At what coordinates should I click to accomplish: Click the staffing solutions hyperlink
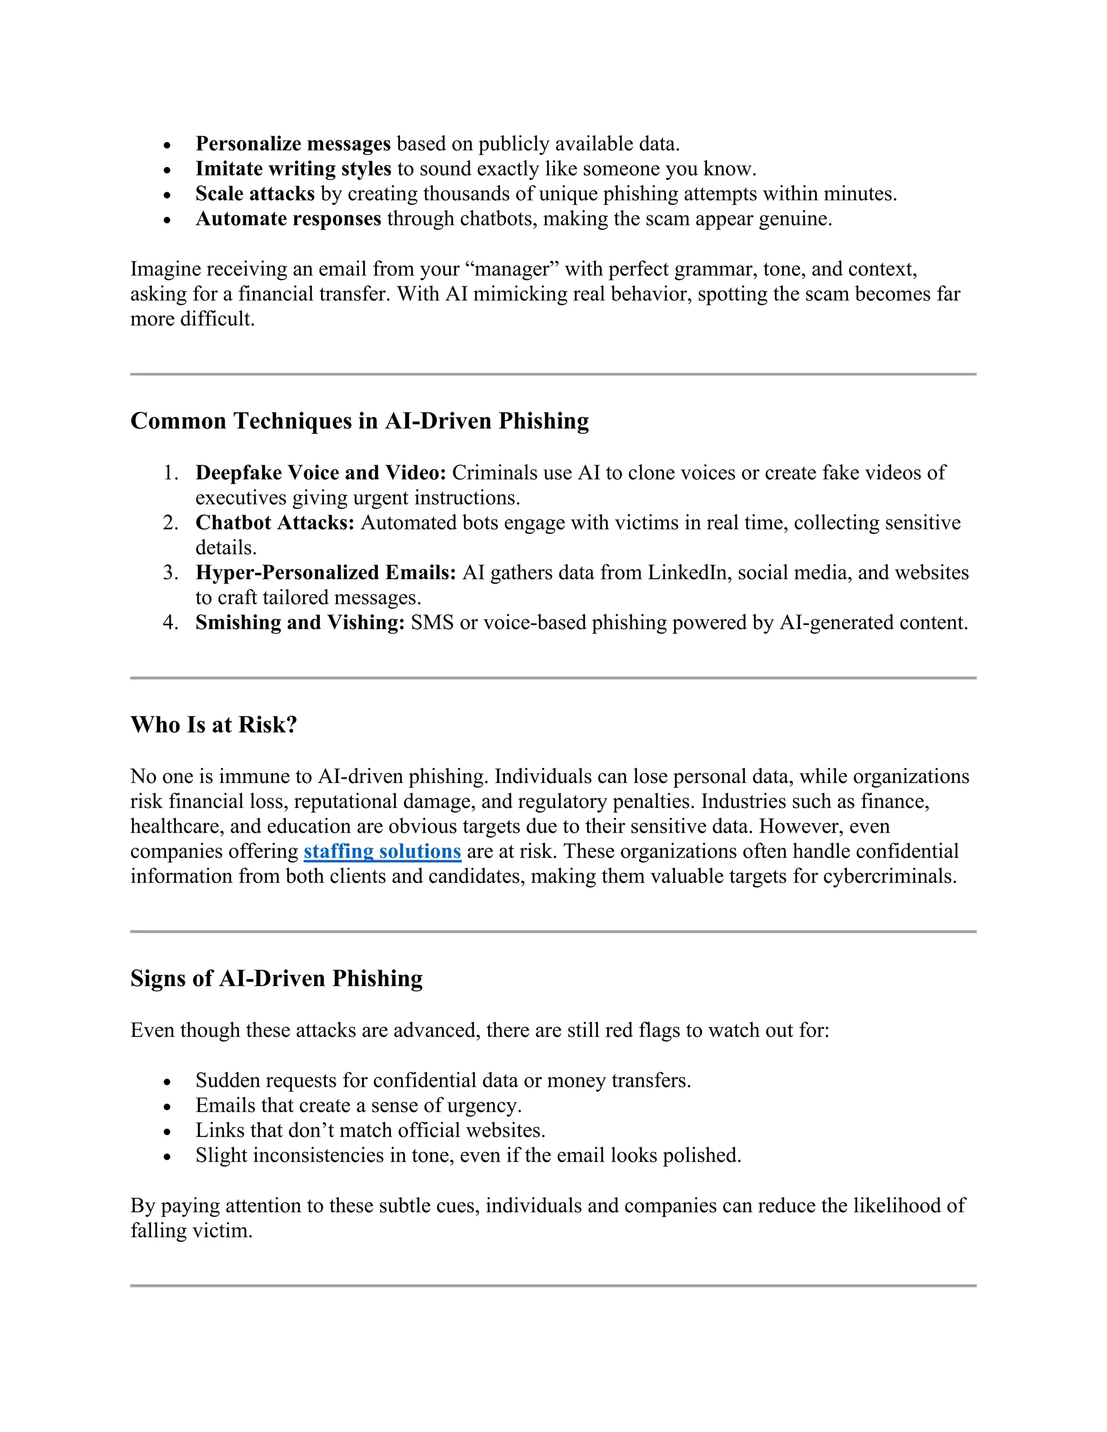click(382, 851)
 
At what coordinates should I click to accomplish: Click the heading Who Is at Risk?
click(214, 725)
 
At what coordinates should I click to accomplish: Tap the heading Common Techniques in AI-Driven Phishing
click(359, 420)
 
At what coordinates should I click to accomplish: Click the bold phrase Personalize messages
click(292, 144)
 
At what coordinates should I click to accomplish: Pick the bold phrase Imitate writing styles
click(292, 169)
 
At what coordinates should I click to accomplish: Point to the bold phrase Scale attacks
click(255, 193)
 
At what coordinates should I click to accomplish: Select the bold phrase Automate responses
click(288, 218)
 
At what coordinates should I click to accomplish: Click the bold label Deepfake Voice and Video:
click(321, 472)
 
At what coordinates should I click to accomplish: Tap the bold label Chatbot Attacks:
click(275, 523)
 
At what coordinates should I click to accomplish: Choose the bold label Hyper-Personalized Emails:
click(325, 572)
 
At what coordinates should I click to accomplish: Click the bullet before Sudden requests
click(167, 1082)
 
